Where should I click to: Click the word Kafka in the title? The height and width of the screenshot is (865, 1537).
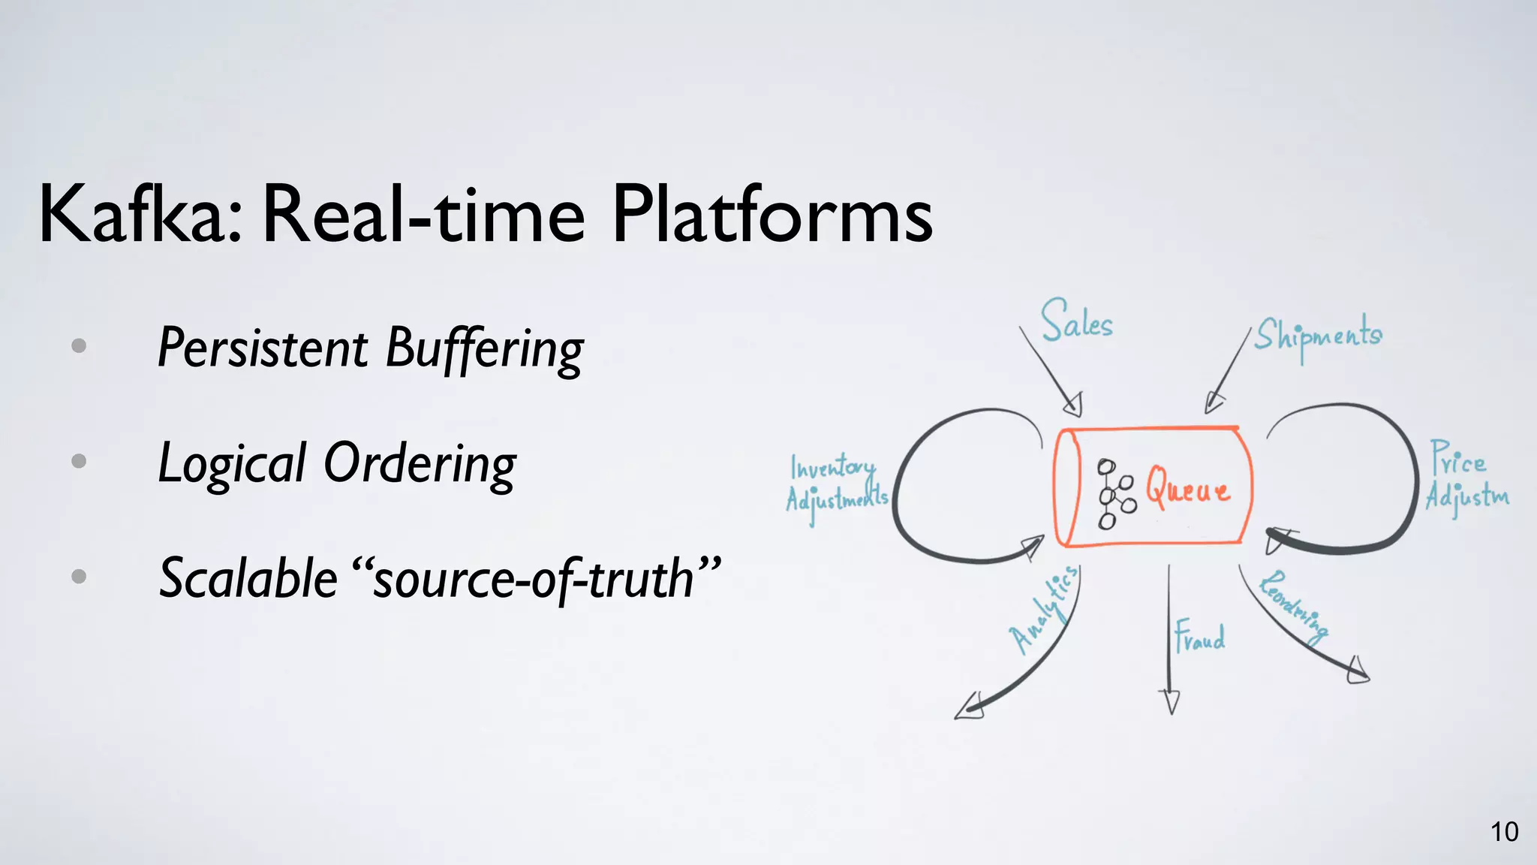click(x=140, y=215)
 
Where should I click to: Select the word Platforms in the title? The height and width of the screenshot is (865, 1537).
click(x=772, y=215)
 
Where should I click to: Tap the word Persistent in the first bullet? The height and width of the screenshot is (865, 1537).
click(x=263, y=348)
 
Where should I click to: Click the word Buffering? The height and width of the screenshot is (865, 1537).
click(x=484, y=350)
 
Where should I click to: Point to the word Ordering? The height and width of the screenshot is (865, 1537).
click(x=420, y=464)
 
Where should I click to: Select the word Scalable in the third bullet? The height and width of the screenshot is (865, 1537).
click(x=248, y=578)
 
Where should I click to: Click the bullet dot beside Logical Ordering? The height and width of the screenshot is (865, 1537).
click(x=79, y=461)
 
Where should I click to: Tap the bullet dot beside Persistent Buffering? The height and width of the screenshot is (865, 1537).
click(x=79, y=346)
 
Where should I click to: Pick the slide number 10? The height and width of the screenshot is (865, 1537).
click(x=1504, y=832)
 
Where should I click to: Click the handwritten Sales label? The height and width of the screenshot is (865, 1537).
click(x=1076, y=321)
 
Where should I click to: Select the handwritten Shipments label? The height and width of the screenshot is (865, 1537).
click(x=1318, y=336)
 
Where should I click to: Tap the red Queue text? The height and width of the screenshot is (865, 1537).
click(x=1187, y=489)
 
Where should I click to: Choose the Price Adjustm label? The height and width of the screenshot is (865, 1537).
click(x=1465, y=479)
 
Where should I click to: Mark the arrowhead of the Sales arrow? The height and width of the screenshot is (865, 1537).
click(x=1074, y=405)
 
